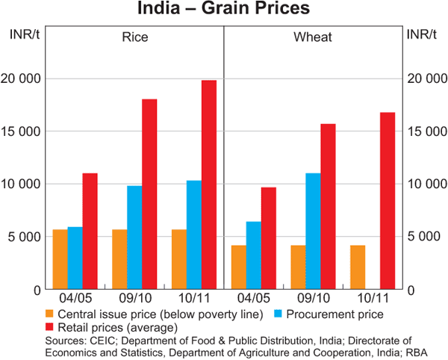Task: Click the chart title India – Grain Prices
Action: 224,10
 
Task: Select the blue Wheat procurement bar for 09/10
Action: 314,231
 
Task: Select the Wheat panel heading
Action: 313,37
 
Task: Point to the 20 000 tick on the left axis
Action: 25,78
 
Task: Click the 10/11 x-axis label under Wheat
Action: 373,297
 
